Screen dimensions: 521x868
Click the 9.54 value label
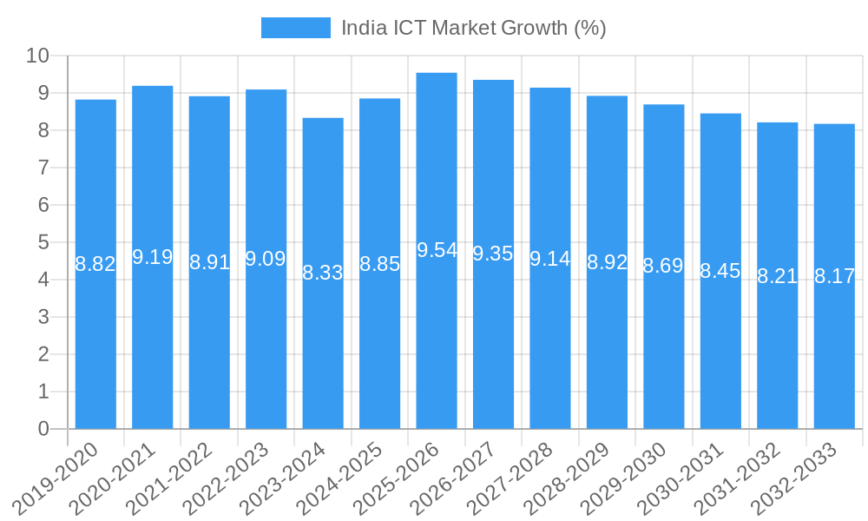click(x=437, y=250)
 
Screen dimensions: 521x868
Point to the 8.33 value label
click(x=323, y=273)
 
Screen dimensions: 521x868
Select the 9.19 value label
click(x=153, y=257)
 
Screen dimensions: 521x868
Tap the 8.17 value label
click(x=834, y=276)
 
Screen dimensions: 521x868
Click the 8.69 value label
click(x=663, y=266)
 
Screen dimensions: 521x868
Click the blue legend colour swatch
click(x=296, y=28)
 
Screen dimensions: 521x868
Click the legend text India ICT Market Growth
click(x=473, y=28)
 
